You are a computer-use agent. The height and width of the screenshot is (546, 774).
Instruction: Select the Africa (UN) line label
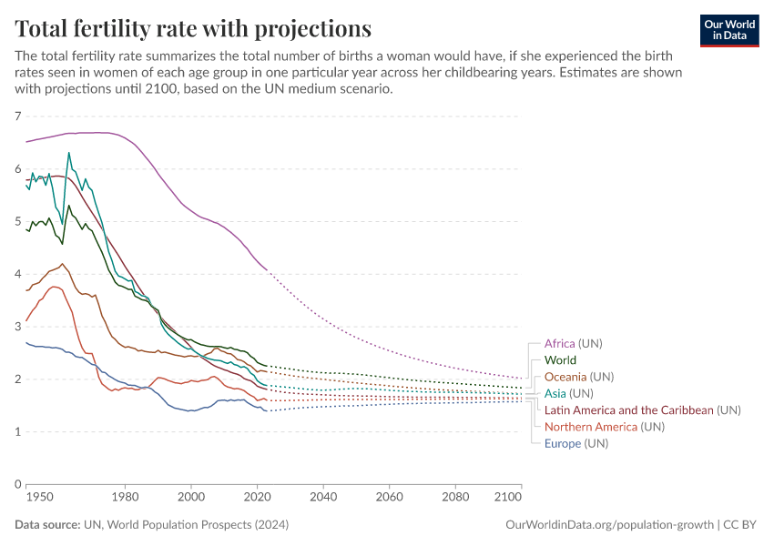pos(573,344)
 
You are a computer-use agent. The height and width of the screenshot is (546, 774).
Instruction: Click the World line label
pos(560,360)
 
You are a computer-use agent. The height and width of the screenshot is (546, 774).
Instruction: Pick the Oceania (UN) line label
pos(578,377)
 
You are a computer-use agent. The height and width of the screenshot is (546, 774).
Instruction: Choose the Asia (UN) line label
pos(567,394)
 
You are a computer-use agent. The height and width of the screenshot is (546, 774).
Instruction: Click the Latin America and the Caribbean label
pos(628,410)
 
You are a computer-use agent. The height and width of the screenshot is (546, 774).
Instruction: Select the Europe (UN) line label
pos(575,443)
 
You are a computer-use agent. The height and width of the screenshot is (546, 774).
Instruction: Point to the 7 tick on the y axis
pos(17,116)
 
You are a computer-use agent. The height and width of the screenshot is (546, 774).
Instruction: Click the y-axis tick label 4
pos(17,274)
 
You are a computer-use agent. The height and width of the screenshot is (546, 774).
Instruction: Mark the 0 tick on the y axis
pos(17,484)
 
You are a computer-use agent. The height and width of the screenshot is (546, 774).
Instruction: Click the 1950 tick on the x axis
pos(32,498)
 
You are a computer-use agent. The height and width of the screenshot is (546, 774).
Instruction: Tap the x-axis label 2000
pos(190,498)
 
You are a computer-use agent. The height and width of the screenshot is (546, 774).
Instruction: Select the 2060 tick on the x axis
pos(389,498)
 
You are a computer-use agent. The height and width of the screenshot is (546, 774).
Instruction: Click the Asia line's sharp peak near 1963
pos(68,153)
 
